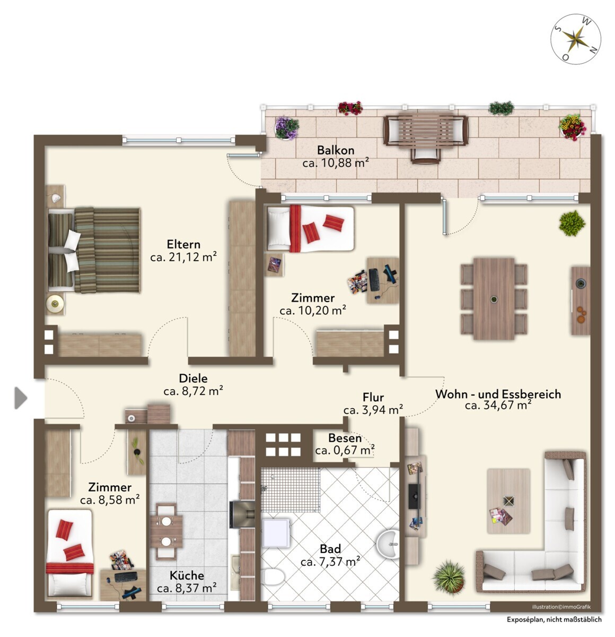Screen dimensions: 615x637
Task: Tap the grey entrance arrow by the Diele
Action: point(21,398)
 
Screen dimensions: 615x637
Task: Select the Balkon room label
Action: point(336,150)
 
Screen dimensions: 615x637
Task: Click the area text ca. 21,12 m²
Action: point(183,257)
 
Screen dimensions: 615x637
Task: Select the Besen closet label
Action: point(345,438)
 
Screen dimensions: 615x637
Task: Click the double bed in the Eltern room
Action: point(94,250)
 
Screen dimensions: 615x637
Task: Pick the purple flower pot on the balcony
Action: point(286,128)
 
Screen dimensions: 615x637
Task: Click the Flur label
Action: point(373,398)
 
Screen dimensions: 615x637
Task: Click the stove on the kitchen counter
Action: point(242,514)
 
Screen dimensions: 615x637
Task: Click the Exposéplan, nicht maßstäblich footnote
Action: point(554,619)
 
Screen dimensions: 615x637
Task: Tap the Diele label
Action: point(193,378)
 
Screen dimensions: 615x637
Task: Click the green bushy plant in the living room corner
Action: point(572,223)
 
